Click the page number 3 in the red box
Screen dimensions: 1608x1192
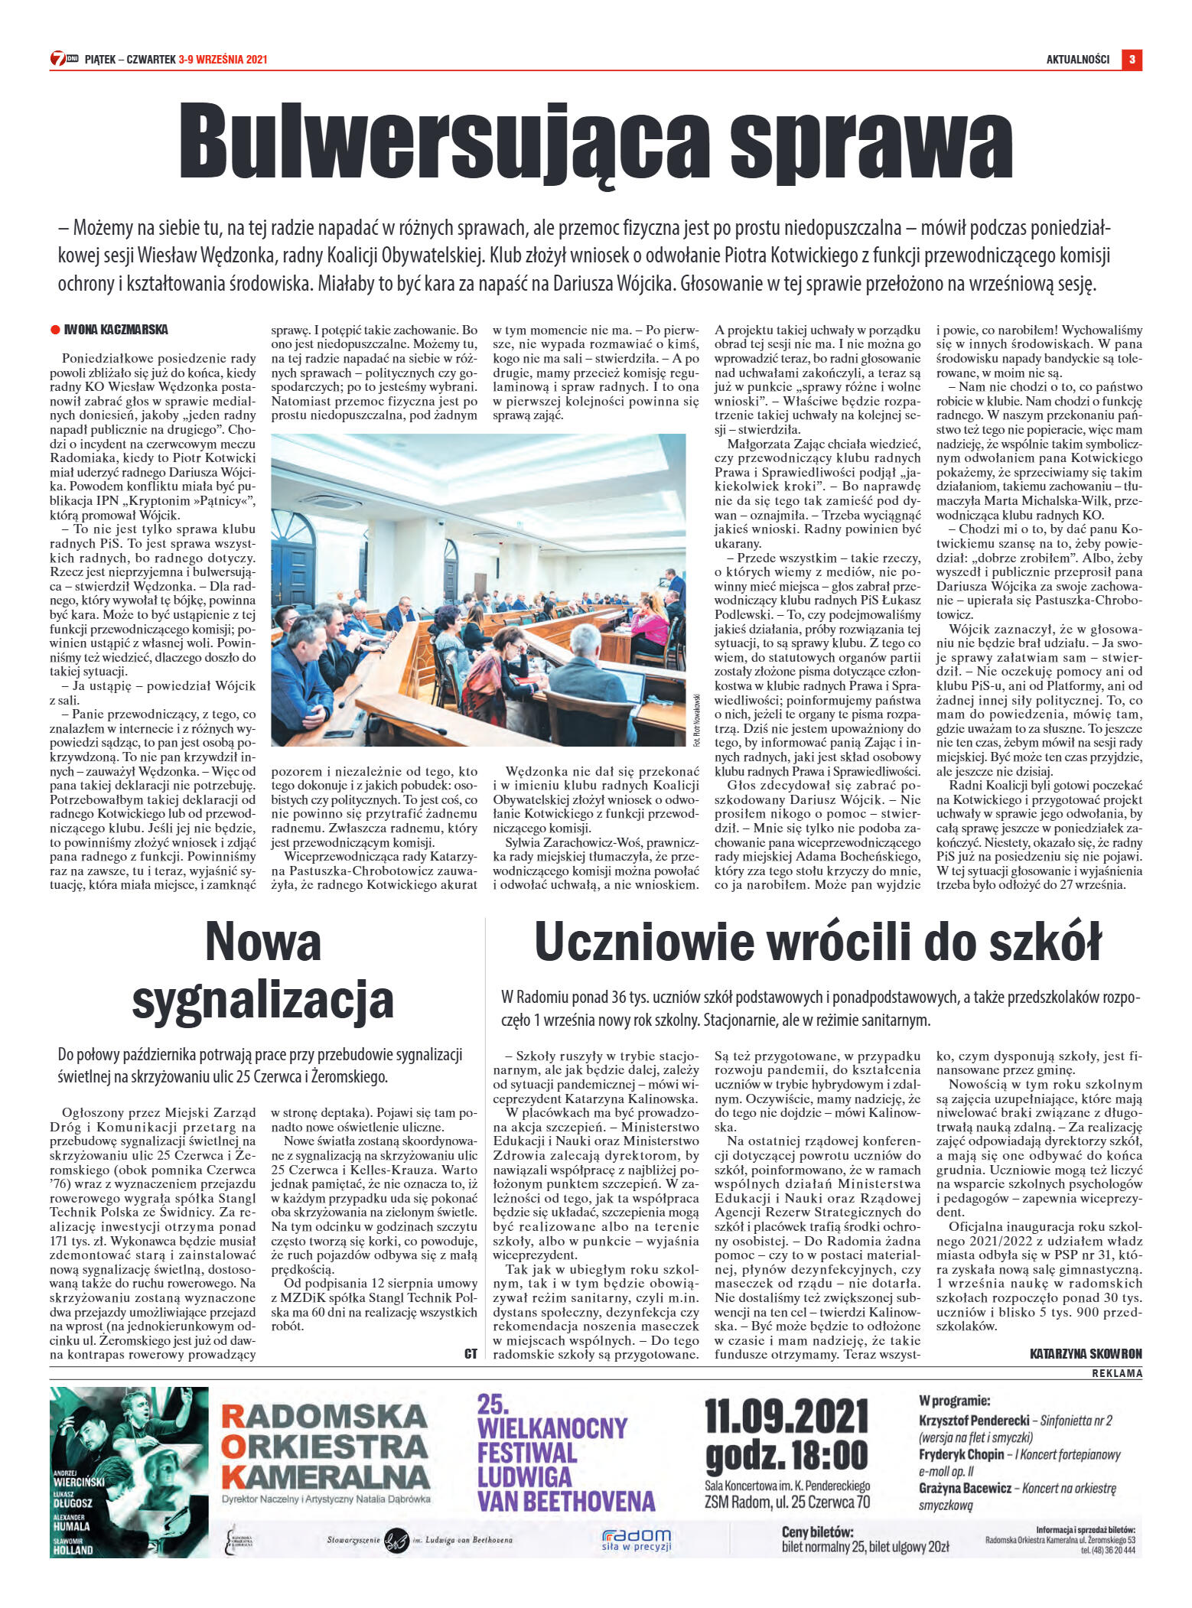click(1132, 60)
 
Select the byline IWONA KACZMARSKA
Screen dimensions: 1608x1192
click(116, 330)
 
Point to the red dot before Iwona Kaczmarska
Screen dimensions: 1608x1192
click(55, 330)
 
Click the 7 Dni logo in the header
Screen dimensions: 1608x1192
click(64, 59)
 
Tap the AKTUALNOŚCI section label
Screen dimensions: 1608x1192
click(1077, 60)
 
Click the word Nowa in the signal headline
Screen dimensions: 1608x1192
click(262, 942)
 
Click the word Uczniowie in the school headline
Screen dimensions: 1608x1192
click(643, 942)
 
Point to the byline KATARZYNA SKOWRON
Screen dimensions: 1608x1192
click(1086, 1353)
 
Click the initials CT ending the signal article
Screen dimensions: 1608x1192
click(471, 1353)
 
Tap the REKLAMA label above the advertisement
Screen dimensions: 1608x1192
click(1116, 1373)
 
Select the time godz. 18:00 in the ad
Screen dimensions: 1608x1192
click(787, 1455)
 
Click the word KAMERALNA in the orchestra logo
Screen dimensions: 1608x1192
click(325, 1476)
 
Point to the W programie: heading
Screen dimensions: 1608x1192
click(954, 1401)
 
